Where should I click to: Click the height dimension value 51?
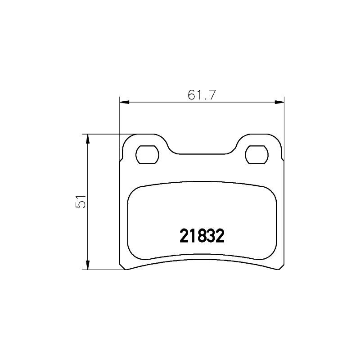tap(81, 202)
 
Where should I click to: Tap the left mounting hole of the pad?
tap(147, 155)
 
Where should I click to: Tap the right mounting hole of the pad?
tap(256, 155)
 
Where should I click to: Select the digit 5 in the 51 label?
tap(81, 205)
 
